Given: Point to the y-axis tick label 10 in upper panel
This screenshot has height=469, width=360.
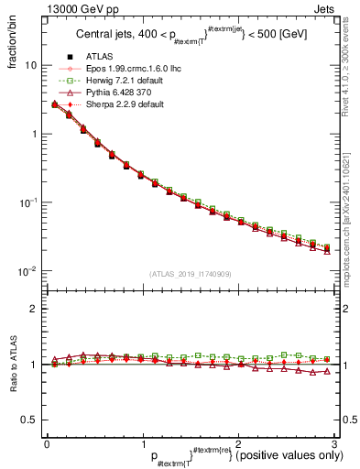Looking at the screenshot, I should (31, 66).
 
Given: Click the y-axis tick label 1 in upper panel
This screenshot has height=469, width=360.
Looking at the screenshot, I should (35, 134).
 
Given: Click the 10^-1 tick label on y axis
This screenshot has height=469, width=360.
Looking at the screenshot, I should (29, 202).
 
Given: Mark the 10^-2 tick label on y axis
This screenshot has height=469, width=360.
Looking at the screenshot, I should (29, 270).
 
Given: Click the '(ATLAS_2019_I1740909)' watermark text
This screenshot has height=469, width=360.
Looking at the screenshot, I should (191, 273).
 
